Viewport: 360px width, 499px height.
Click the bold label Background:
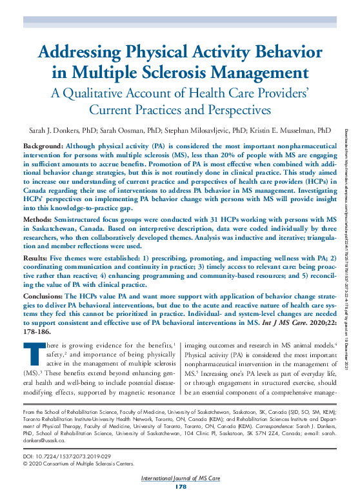tap(43, 147)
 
